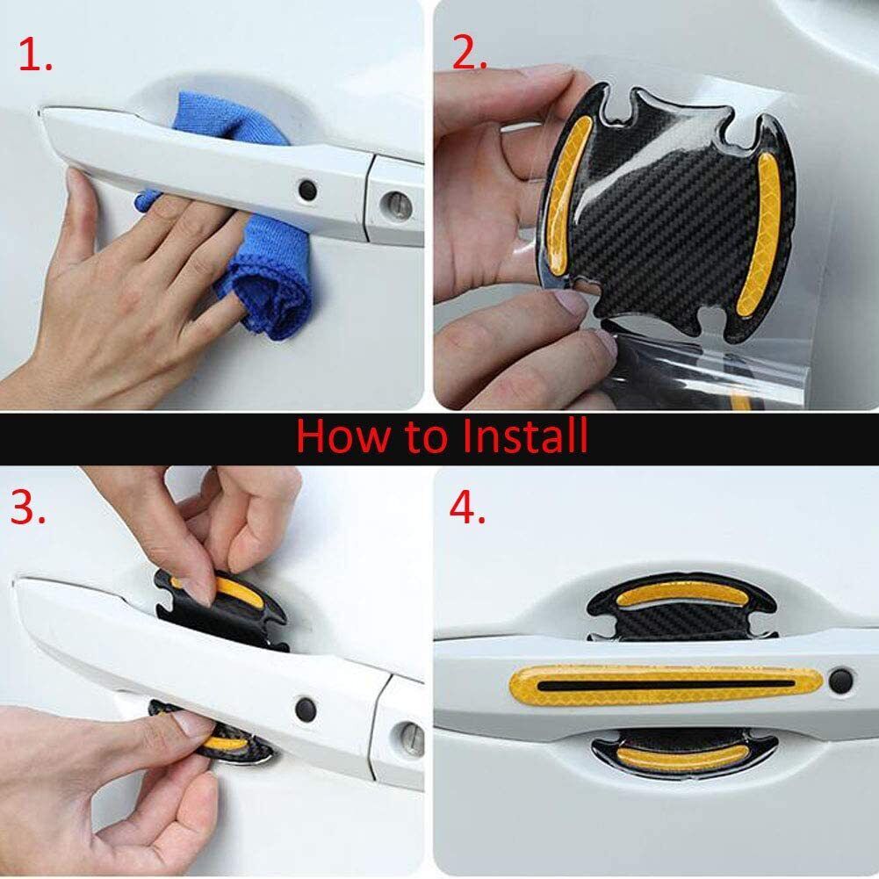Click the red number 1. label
click(x=35, y=57)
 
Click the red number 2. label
click(x=469, y=54)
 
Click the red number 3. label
click(x=28, y=508)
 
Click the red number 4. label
click(x=467, y=508)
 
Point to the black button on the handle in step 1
click(x=307, y=189)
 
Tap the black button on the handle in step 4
click(x=840, y=678)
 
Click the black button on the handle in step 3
click(x=306, y=706)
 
